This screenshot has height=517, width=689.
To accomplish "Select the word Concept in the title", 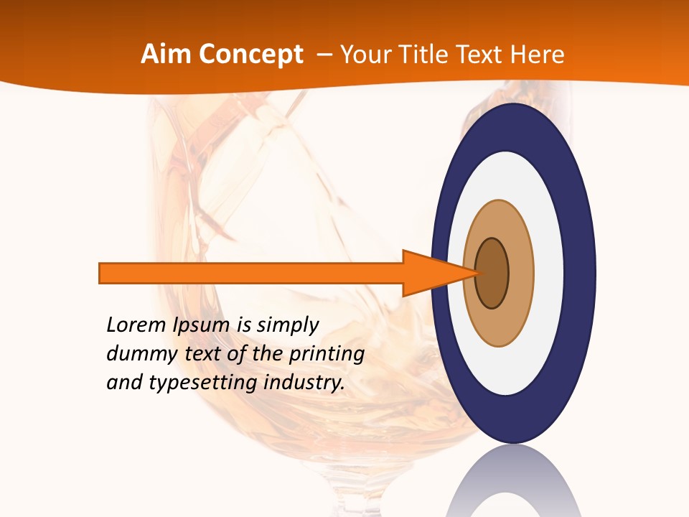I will click(x=251, y=55).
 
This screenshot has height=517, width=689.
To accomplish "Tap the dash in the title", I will click(x=324, y=55).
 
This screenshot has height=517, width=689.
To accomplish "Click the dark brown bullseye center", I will click(x=492, y=274).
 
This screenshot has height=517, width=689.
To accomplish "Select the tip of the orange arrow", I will click(x=478, y=273).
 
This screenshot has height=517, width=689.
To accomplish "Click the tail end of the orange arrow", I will click(x=101, y=273).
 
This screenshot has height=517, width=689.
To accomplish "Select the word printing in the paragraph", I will click(x=327, y=354).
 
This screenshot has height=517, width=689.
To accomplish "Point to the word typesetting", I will click(x=204, y=383).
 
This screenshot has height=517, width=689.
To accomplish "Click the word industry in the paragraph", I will click(x=304, y=383).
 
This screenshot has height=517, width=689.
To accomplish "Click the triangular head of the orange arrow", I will click(x=431, y=273).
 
